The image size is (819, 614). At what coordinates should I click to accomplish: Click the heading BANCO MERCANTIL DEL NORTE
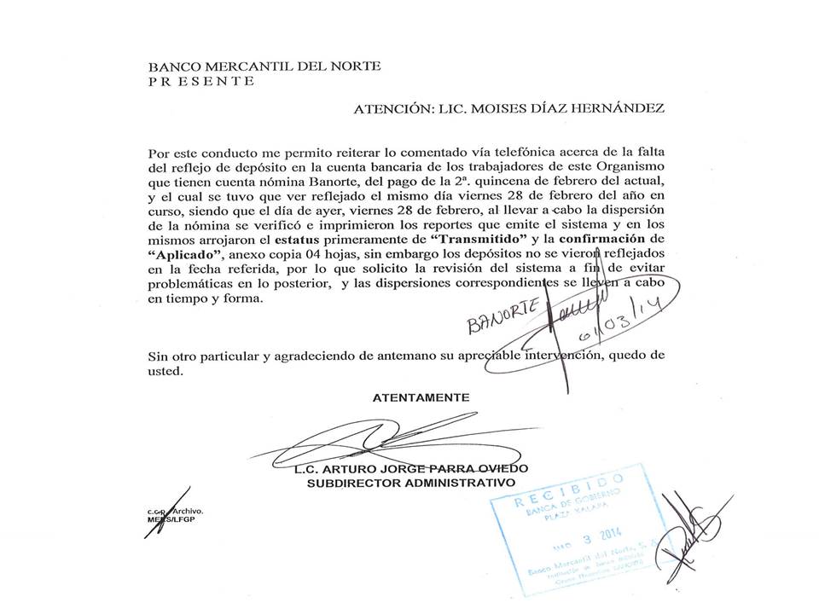264,67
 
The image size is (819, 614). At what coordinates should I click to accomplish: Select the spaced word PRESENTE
201,81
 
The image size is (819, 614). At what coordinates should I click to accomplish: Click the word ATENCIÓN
392,109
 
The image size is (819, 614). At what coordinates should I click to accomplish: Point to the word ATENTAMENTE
421,397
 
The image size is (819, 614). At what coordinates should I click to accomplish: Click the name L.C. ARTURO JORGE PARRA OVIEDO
410,469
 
